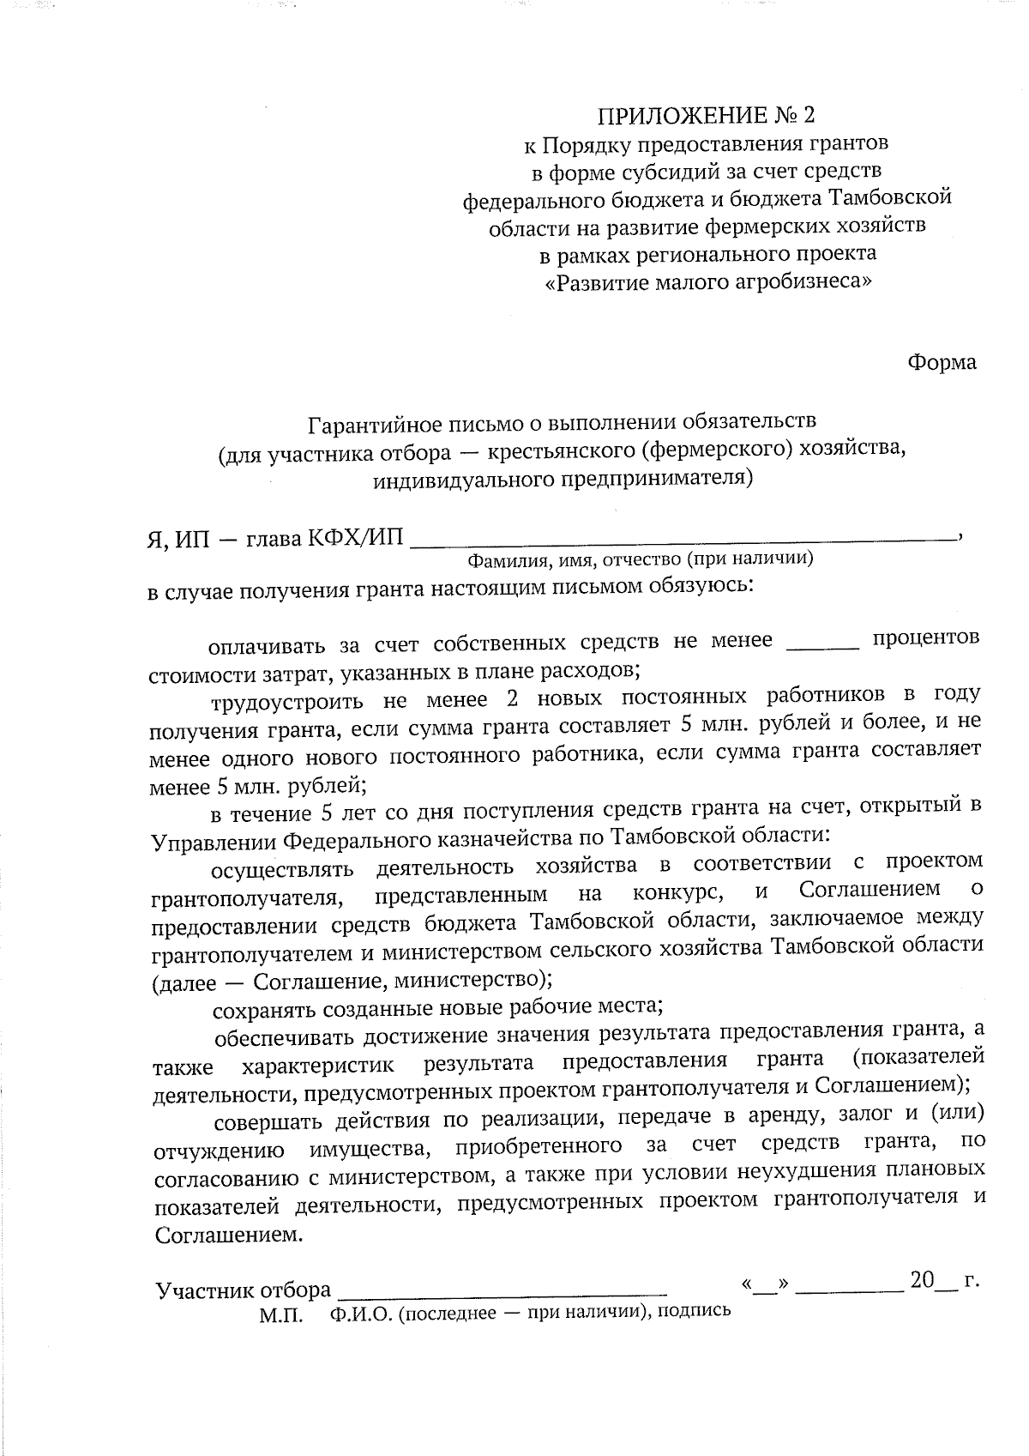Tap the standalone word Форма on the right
click(942, 362)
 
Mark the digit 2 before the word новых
click(513, 699)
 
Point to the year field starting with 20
click(931, 1282)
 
